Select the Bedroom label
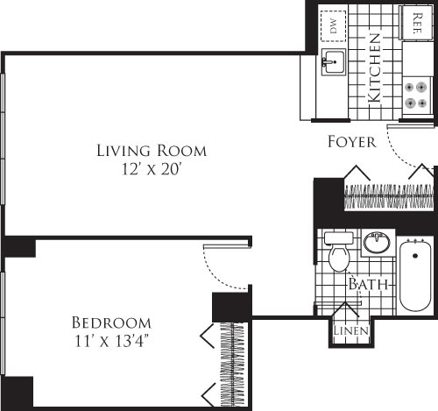point(111,322)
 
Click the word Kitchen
point(375,69)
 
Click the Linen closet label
point(350,330)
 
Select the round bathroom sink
point(377,241)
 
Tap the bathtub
point(415,278)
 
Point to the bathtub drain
point(415,255)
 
